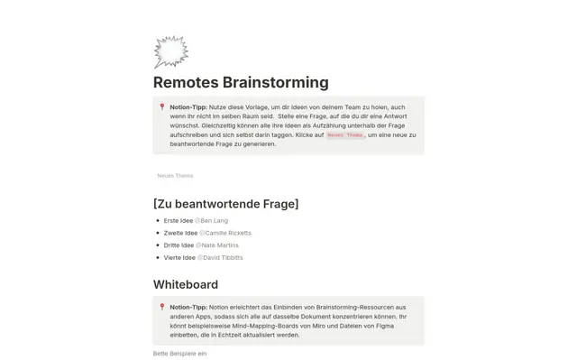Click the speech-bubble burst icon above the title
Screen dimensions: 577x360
pyautogui.click(x=170, y=52)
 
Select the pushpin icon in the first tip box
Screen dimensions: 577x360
pyautogui.click(x=162, y=106)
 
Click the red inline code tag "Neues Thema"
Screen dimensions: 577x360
pyautogui.click(x=344, y=134)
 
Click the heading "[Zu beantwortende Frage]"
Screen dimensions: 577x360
pyautogui.click(x=225, y=203)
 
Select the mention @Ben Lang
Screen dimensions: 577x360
pyautogui.click(x=212, y=220)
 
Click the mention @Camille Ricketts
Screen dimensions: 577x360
pyautogui.click(x=225, y=233)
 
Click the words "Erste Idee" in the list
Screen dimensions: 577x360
pyautogui.click(x=179, y=220)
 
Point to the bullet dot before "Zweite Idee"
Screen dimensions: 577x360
pyautogui.click(x=157, y=233)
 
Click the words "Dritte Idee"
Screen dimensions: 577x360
pyautogui.click(x=179, y=245)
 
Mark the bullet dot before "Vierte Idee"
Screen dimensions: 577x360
pyautogui.click(x=157, y=257)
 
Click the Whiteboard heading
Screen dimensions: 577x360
pyautogui.click(x=185, y=284)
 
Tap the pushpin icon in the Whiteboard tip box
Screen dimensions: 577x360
pyautogui.click(x=162, y=307)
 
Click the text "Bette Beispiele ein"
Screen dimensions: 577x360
pyautogui.click(x=179, y=353)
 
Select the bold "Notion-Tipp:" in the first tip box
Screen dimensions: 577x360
pyautogui.click(x=188, y=106)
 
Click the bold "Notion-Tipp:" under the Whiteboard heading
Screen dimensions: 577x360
pyautogui.click(x=188, y=307)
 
